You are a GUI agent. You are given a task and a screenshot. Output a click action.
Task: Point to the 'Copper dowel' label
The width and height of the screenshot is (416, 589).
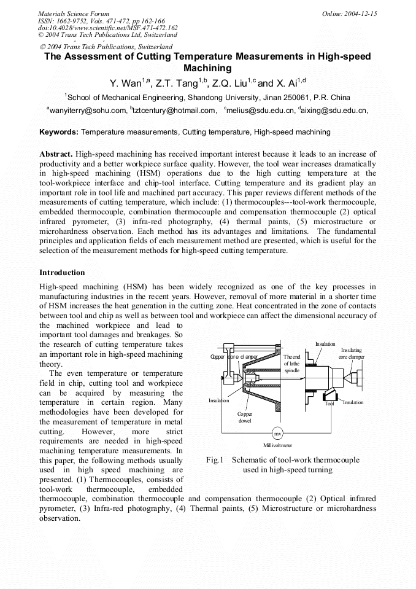click(245, 418)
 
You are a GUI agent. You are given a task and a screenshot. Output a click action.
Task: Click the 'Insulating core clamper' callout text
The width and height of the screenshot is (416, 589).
click(351, 353)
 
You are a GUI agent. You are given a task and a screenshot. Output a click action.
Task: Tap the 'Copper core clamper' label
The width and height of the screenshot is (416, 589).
click(234, 357)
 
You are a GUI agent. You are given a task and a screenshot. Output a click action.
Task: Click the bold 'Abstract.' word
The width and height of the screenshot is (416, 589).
click(56, 154)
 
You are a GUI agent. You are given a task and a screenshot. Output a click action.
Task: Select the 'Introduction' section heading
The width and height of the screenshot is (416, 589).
click(62, 272)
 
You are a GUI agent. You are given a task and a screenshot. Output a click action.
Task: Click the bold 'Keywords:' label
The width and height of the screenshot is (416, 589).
click(59, 132)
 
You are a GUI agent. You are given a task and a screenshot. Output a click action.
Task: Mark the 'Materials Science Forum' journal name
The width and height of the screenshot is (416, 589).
click(74, 14)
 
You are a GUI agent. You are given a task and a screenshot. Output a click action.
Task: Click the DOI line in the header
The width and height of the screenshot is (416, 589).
click(108, 28)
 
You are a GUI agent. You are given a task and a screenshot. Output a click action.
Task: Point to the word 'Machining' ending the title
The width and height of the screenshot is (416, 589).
click(207, 68)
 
